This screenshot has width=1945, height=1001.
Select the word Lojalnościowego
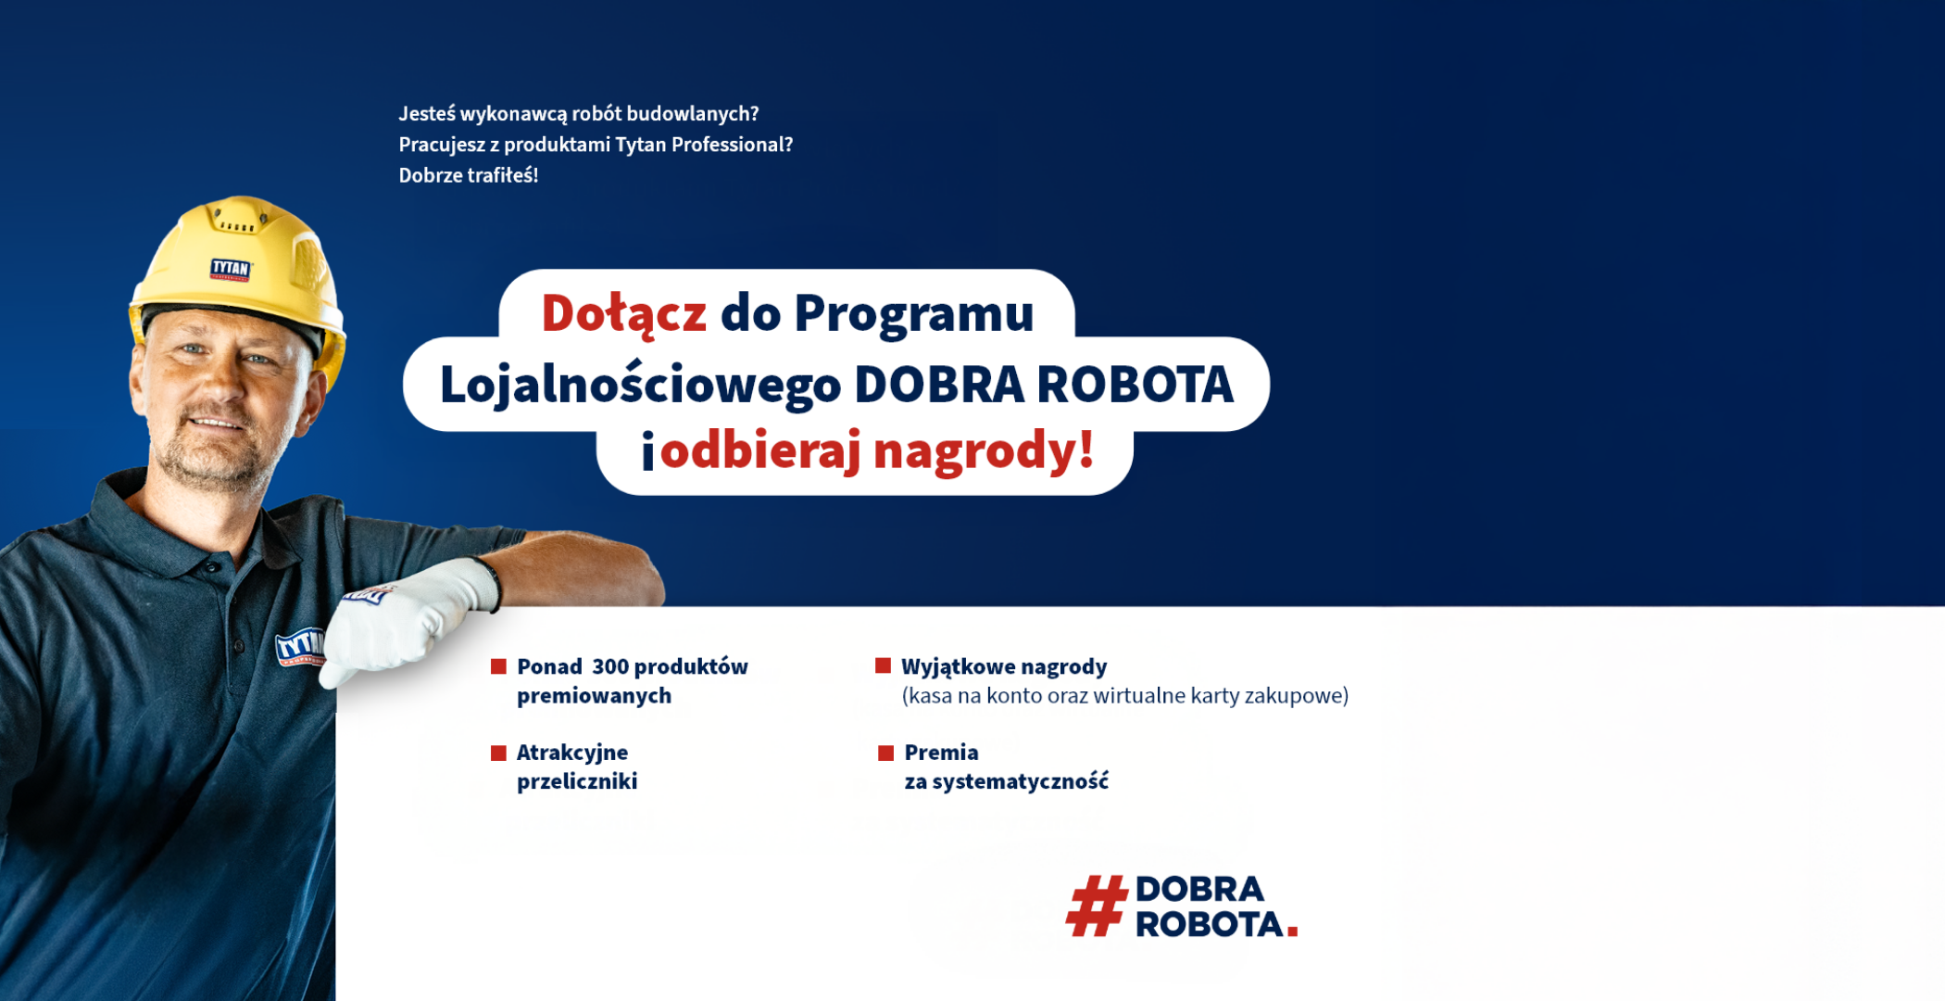coord(640,386)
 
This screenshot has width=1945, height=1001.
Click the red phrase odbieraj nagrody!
coord(877,451)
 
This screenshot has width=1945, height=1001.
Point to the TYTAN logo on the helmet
coord(231,269)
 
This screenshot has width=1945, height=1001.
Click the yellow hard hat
coord(239,278)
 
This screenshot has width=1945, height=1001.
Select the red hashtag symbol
coord(1097,906)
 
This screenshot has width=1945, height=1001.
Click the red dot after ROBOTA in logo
coord(1292,931)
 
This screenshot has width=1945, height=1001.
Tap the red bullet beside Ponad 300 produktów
coord(498,666)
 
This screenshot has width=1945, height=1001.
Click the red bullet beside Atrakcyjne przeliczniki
coord(498,753)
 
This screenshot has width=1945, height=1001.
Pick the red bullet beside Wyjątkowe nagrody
coord(883,665)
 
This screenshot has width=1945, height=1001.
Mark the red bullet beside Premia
coord(885,753)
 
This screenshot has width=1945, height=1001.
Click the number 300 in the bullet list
coord(610,666)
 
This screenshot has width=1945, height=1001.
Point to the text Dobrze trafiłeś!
coord(469,175)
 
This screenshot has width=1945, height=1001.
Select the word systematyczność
coord(1020,781)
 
